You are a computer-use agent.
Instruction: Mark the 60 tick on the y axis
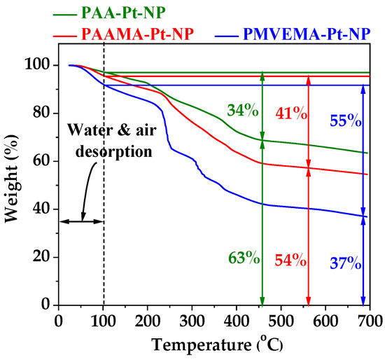(x=43, y=161)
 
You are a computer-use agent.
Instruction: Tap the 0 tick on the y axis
(x=48, y=305)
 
